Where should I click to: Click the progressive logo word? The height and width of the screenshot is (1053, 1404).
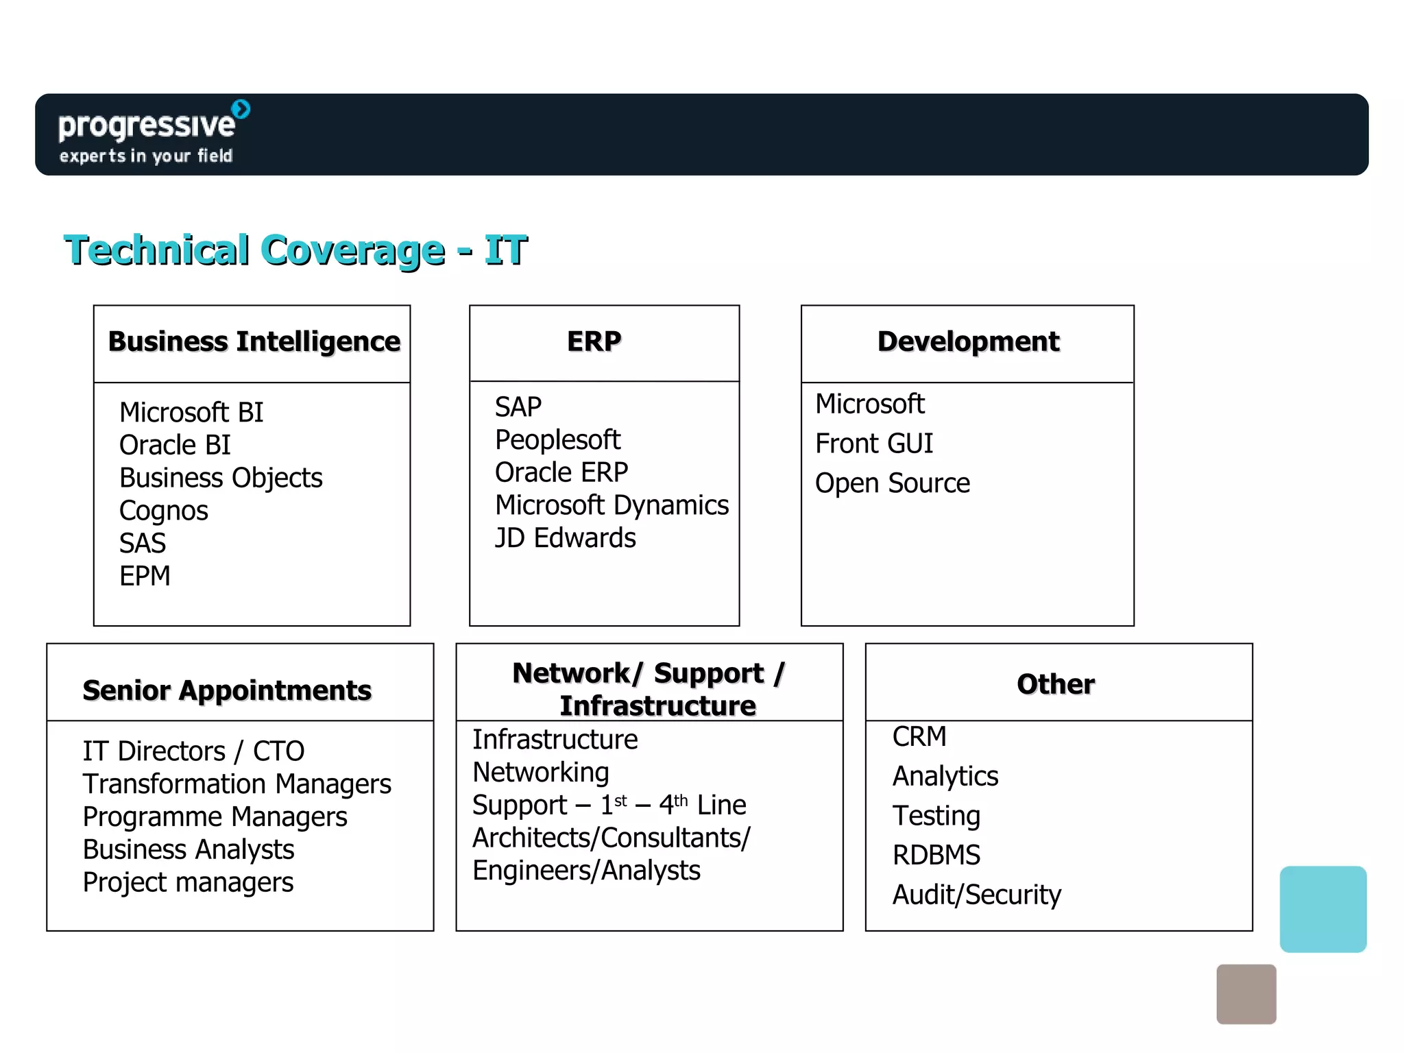coord(147,125)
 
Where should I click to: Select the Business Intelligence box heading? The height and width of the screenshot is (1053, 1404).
coord(254,341)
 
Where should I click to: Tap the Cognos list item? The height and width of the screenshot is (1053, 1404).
coord(163,511)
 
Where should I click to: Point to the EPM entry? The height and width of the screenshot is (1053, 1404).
coord(145,576)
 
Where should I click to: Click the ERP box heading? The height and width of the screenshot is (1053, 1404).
coord(594,341)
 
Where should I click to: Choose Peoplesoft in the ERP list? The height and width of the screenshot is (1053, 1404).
coord(557,440)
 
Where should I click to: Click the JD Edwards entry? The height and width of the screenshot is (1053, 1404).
coord(565,538)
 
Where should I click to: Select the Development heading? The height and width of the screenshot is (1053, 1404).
coord(968,341)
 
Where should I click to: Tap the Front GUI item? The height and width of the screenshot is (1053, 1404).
coord(873,444)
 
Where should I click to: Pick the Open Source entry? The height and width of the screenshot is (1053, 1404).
coord(892,483)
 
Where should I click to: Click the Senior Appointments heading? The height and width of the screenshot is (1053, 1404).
coord(227,690)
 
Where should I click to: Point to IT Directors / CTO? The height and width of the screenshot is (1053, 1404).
coord(193,751)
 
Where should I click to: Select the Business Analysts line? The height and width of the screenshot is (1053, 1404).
coord(189,849)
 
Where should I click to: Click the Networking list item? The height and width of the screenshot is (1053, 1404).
coord(540,773)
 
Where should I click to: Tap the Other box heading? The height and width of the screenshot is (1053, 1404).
coord(1056,684)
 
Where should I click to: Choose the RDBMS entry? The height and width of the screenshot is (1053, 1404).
coord(936,856)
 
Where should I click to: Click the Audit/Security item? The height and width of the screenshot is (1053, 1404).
coord(976,895)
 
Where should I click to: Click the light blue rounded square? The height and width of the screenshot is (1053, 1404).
coord(1322,909)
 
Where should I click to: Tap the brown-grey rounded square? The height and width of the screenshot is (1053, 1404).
coord(1246,994)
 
